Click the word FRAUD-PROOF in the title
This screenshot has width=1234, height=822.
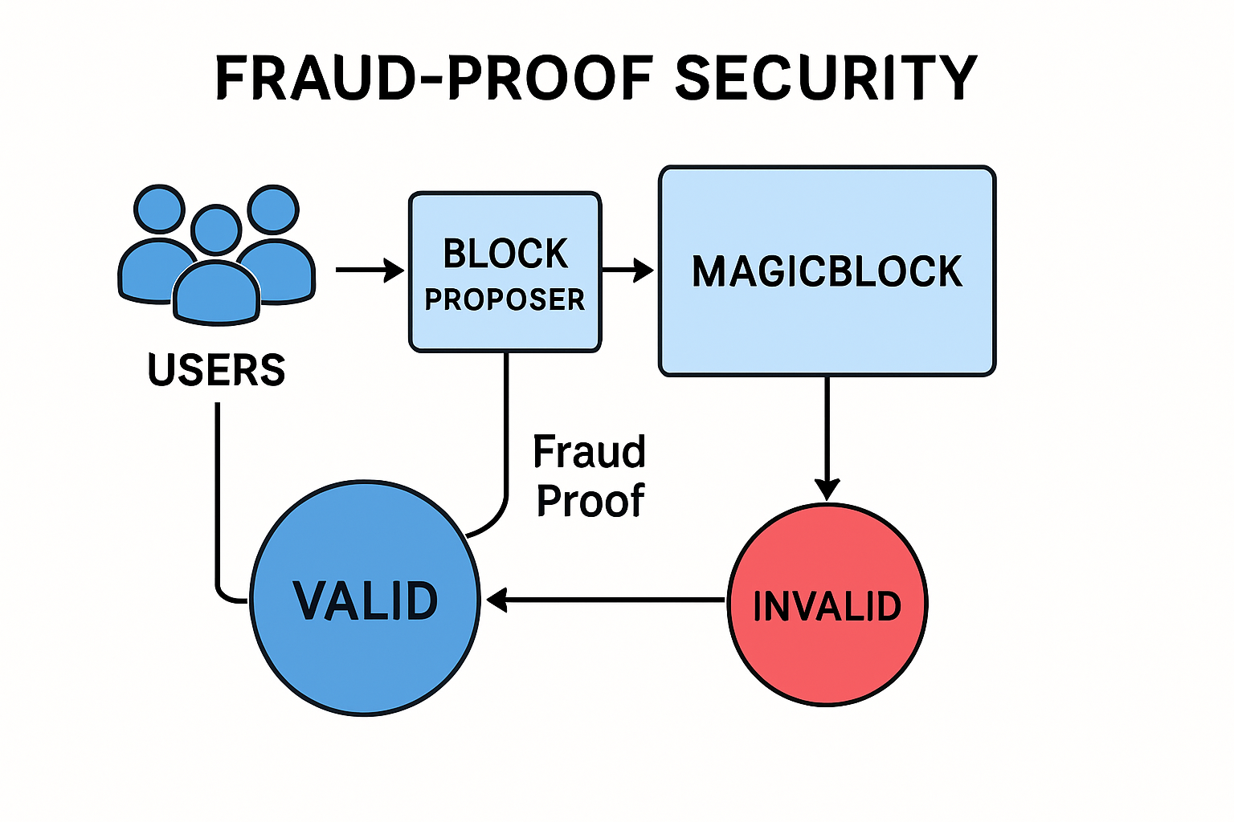(434, 79)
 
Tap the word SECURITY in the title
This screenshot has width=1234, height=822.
(826, 79)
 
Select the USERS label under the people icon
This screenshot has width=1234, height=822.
(217, 370)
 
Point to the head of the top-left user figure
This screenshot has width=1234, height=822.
(159, 210)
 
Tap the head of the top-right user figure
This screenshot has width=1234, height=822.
(273, 210)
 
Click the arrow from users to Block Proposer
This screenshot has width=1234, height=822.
(370, 271)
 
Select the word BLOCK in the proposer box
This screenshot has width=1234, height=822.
(505, 254)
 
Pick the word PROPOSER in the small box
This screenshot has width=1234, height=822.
(505, 300)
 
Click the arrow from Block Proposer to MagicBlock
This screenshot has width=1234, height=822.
(628, 271)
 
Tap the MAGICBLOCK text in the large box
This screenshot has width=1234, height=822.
(827, 272)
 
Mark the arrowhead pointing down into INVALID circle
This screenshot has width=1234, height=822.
(827, 489)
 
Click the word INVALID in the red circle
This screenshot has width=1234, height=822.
(827, 606)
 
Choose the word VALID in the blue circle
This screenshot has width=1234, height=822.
(366, 601)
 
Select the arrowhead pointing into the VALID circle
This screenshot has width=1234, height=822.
(496, 600)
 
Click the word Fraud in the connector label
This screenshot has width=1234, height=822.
(589, 452)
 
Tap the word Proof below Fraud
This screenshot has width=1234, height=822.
(590, 502)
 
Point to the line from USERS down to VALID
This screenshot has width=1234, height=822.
(217, 498)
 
